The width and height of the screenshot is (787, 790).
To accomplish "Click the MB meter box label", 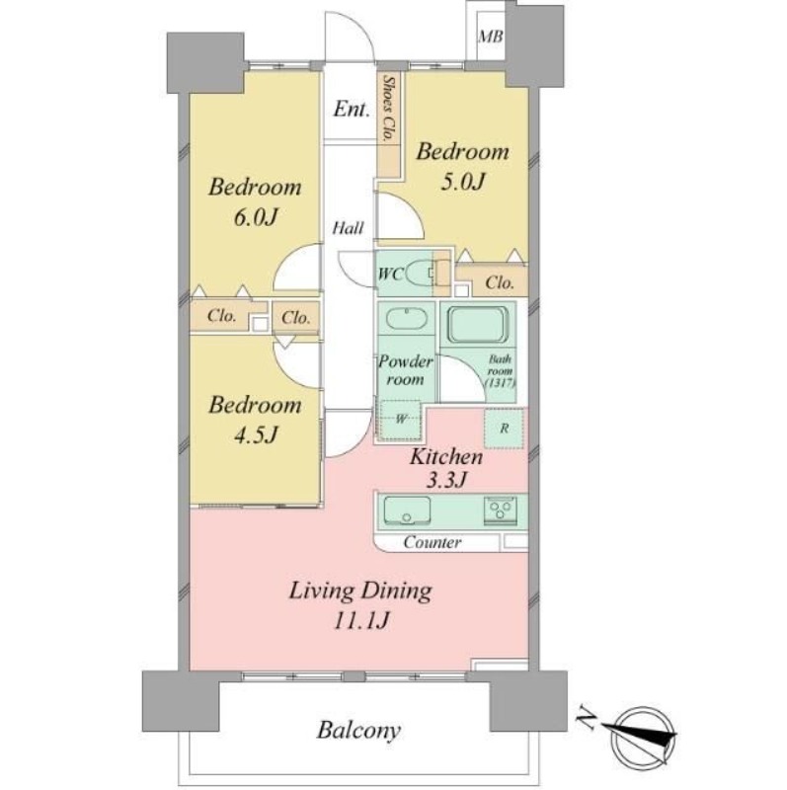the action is [x=490, y=37].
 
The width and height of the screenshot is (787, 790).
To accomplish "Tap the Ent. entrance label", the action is [x=352, y=109].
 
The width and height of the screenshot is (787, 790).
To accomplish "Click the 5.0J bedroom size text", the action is [x=462, y=182].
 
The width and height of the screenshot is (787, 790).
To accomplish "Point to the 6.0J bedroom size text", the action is [x=256, y=217].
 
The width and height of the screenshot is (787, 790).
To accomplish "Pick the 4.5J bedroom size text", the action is [x=256, y=434].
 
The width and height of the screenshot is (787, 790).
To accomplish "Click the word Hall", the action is [x=348, y=228].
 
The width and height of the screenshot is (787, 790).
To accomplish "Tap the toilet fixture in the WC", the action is [x=422, y=273].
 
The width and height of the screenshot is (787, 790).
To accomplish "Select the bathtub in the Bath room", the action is [x=478, y=325].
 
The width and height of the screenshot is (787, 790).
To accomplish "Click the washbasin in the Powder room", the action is [x=406, y=319].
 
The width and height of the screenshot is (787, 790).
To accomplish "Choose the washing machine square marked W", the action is [x=401, y=420].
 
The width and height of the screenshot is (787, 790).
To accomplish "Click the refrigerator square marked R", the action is [x=504, y=429].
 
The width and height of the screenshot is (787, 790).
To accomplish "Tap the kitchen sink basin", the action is [x=407, y=511].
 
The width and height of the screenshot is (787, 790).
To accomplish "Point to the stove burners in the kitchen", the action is [x=501, y=510].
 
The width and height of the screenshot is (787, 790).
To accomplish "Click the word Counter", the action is [x=433, y=542].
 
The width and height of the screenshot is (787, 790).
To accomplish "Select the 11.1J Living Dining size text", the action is [x=360, y=621].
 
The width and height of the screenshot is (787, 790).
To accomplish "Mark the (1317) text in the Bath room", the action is [x=500, y=383].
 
